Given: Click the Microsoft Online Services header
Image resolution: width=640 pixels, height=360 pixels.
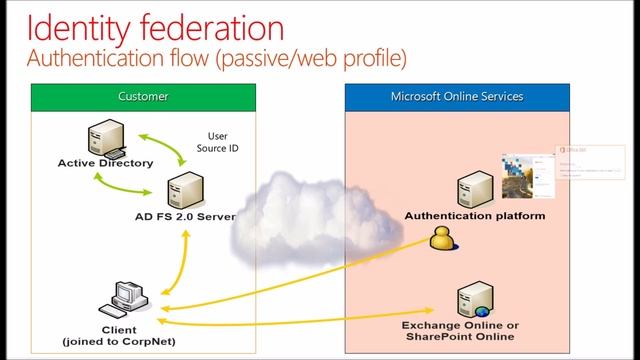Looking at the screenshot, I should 457,97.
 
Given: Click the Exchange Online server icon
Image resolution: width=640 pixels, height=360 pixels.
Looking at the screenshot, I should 471,300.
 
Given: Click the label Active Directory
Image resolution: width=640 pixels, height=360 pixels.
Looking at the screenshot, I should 105,163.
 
